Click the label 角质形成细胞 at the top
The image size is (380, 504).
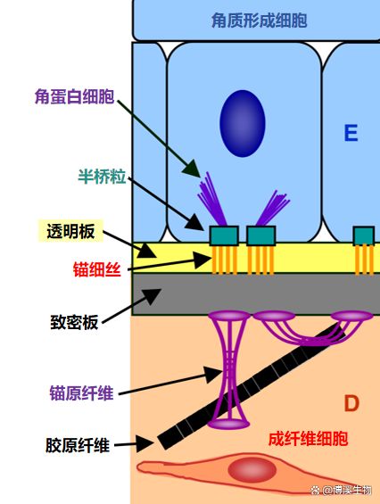(259, 21)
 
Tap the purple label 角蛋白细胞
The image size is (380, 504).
(74, 96)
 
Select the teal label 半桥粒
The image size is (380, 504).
(102, 176)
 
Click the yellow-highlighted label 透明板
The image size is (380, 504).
(70, 231)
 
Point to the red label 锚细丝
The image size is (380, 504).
(96, 269)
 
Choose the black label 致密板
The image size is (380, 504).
(74, 322)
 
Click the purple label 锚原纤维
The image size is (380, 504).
(82, 393)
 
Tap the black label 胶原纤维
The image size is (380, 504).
(78, 445)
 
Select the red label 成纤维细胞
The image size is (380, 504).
(308, 439)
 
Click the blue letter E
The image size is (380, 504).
(351, 133)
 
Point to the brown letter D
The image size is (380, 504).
(351, 403)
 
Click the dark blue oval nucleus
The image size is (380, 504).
(243, 123)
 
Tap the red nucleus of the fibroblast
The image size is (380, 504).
(252, 470)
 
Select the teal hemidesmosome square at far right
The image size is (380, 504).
(364, 235)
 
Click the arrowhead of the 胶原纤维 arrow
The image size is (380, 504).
(145, 444)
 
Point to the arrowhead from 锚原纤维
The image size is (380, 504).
(213, 374)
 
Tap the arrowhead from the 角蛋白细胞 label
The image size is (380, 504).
(193, 169)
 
